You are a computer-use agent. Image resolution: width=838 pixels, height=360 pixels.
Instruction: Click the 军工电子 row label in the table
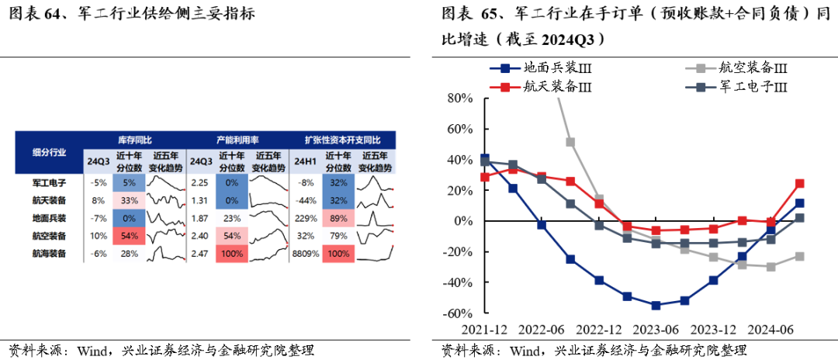pyautogui.click(x=49, y=183)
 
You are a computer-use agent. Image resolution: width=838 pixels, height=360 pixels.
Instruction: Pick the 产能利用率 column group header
pyautogui.click(x=236, y=140)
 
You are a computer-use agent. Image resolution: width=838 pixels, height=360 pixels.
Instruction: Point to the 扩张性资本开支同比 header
pyautogui.click(x=342, y=140)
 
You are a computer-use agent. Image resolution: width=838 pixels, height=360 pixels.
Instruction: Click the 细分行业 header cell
pyautogui.click(x=49, y=152)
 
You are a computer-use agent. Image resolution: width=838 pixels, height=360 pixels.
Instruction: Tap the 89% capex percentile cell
pyautogui.click(x=338, y=218)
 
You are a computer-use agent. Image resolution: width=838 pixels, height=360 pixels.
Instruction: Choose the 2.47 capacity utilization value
pyautogui.click(x=200, y=253)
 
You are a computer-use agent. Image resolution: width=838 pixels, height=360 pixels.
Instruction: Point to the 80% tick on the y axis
pyautogui.click(x=459, y=99)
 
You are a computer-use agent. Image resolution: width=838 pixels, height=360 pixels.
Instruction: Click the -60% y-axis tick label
pyautogui.click(x=457, y=313)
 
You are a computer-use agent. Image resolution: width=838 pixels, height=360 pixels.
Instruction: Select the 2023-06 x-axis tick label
pyautogui.click(x=656, y=328)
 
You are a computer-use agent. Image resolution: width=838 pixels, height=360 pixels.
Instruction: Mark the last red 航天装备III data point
pyautogui.click(x=799, y=184)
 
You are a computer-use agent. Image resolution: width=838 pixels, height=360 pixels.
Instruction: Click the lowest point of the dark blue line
pyautogui.click(x=656, y=306)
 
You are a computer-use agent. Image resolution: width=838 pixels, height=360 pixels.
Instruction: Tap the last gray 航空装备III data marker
pyautogui.click(x=799, y=256)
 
